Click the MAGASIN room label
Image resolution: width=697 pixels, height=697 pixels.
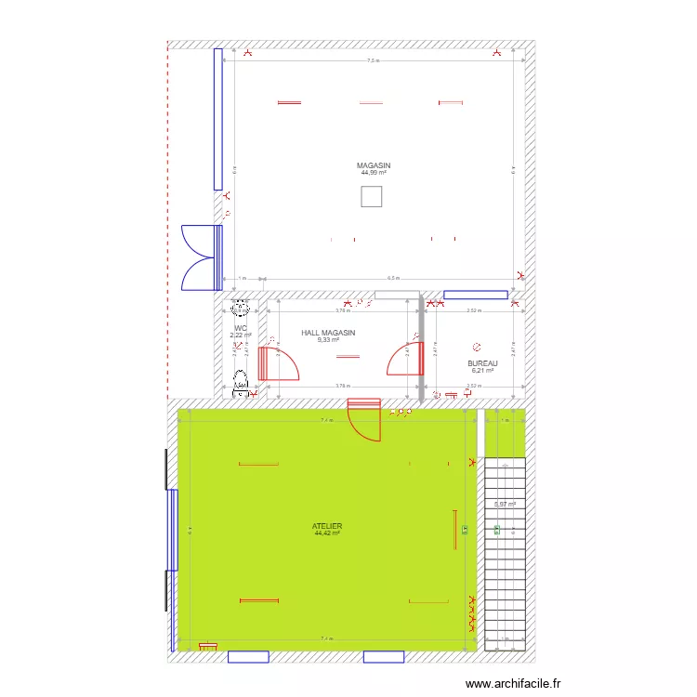[x=373, y=165]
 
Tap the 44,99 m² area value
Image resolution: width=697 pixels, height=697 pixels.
[x=373, y=173]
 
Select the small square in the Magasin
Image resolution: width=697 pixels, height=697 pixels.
[x=371, y=196]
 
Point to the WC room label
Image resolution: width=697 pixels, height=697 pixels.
[x=241, y=328]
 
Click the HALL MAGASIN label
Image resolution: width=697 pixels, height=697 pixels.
[x=328, y=332]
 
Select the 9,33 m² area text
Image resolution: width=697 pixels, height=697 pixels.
[x=328, y=340]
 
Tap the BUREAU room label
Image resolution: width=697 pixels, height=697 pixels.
[x=482, y=363]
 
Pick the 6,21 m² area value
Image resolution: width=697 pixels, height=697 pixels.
[x=482, y=371]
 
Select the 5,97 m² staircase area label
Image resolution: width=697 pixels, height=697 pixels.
[x=505, y=505]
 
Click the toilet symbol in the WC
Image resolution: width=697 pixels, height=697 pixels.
[x=242, y=378]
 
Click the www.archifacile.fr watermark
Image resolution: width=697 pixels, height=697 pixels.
[x=513, y=683]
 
